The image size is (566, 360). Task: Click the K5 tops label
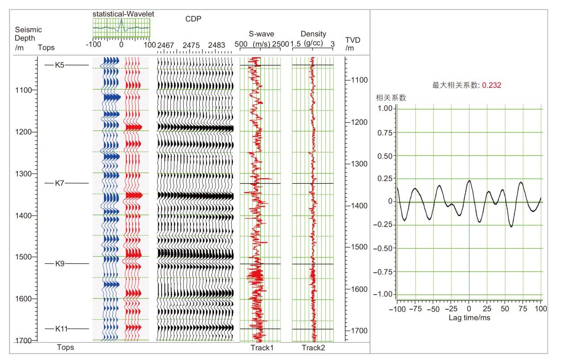pos(60,65)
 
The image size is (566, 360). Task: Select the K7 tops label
pos(60,183)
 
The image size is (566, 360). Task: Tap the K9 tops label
pos(60,264)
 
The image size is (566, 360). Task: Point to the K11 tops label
pos(62,329)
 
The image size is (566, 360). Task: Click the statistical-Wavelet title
pos(123,14)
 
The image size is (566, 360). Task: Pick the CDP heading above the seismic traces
pos(193,19)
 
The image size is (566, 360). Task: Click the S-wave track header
pos(262,34)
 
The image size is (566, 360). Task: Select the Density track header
pos(313,34)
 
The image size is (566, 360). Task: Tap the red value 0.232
pos(492,85)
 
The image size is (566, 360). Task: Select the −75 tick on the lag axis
pos(414,308)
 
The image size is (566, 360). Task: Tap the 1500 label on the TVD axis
pos(358,247)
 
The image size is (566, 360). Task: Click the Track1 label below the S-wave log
pos(262,348)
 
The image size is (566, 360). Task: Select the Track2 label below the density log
pos(313,348)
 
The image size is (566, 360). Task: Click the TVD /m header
pos(353,44)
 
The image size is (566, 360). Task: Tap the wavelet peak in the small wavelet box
pos(121,20)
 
